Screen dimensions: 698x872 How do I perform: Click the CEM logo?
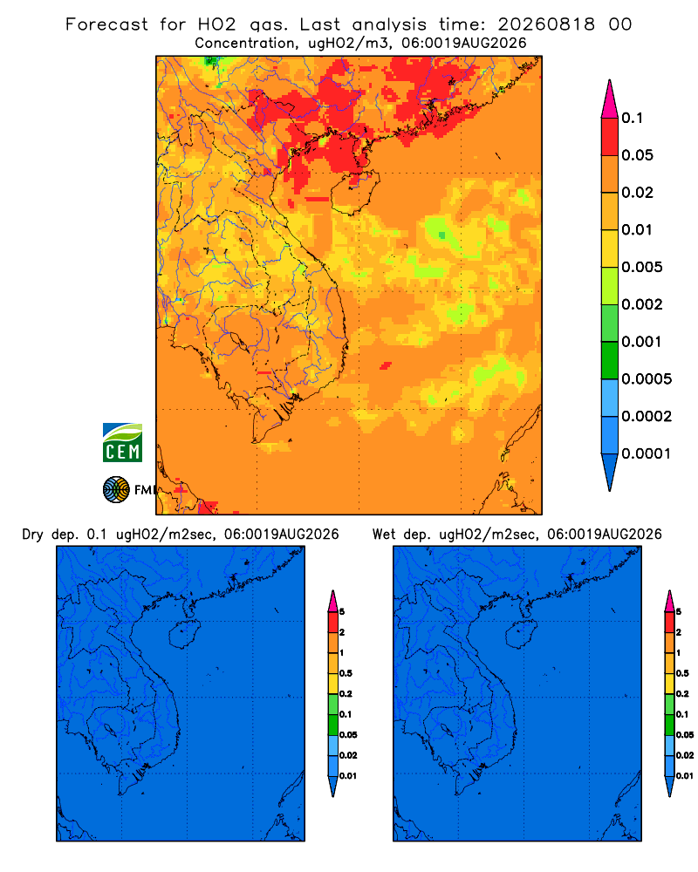coord(122,443)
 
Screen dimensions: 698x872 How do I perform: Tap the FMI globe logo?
coord(116,489)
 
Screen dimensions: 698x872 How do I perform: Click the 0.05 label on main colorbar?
coord(637,155)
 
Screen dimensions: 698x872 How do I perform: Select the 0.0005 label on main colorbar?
coord(647,378)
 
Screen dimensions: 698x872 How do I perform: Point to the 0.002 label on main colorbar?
coord(642,304)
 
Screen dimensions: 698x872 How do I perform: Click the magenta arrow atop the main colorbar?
coord(610,99)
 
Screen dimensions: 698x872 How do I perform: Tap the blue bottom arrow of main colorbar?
coord(610,472)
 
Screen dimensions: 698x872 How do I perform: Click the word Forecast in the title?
coord(106,24)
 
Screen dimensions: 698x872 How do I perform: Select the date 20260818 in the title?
coord(546,24)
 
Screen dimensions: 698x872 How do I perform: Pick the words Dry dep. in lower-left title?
coord(50,535)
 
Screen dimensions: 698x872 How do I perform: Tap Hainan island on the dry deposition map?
coord(184,634)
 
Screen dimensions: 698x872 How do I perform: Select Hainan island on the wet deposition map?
coord(522,634)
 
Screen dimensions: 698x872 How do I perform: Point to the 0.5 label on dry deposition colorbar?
coord(346,673)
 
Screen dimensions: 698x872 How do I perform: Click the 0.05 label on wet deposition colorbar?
coord(685,734)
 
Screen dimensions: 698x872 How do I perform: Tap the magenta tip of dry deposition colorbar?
coord(332,601)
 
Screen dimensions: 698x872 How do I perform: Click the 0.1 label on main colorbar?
coord(633,118)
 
